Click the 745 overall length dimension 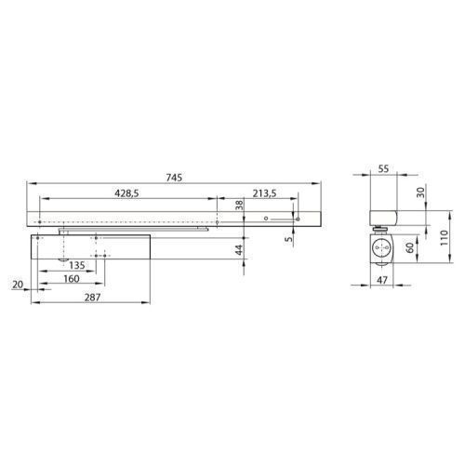click(174, 178)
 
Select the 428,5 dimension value click(126, 193)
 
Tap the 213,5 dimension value click(264, 193)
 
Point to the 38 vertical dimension click(240, 205)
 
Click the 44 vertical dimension click(239, 250)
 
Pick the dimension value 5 click(288, 239)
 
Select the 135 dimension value click(76, 265)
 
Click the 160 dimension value click(72, 279)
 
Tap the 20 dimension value click(18, 285)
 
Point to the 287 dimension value click(92, 298)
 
